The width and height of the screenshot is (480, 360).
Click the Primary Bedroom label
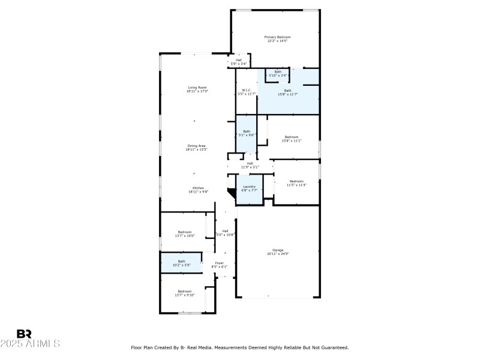(277, 39)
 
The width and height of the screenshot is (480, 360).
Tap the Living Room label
(196, 89)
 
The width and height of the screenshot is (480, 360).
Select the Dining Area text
(196, 148)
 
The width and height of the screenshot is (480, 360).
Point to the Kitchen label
(197, 190)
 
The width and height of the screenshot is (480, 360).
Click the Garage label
(278, 251)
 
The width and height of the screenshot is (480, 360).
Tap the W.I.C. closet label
(246, 92)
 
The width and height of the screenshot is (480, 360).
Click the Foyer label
(220, 265)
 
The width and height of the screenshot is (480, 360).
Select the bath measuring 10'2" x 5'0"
(181, 263)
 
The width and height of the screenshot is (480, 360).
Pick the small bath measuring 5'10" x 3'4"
(278, 74)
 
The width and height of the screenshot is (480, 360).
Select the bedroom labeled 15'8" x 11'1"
(292, 139)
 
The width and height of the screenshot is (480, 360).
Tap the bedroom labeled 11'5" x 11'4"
(296, 183)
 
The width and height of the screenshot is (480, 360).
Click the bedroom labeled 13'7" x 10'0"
(184, 234)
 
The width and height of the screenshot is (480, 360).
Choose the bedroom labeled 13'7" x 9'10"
(184, 293)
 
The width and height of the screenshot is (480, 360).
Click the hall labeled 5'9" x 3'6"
(239, 61)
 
